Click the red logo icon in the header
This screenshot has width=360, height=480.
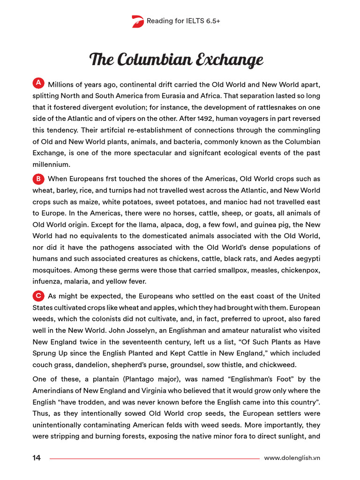[x=137, y=21]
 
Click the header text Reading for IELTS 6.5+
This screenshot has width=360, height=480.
[x=183, y=21]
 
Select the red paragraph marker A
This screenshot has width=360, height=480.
[x=38, y=83]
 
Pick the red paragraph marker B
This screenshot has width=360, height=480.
[x=38, y=179]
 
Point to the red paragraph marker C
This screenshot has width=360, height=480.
[x=38, y=296]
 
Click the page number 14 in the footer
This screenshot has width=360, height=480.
[x=37, y=458]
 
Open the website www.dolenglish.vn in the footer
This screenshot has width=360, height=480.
[x=292, y=458]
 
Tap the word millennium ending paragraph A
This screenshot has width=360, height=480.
[x=51, y=165]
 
